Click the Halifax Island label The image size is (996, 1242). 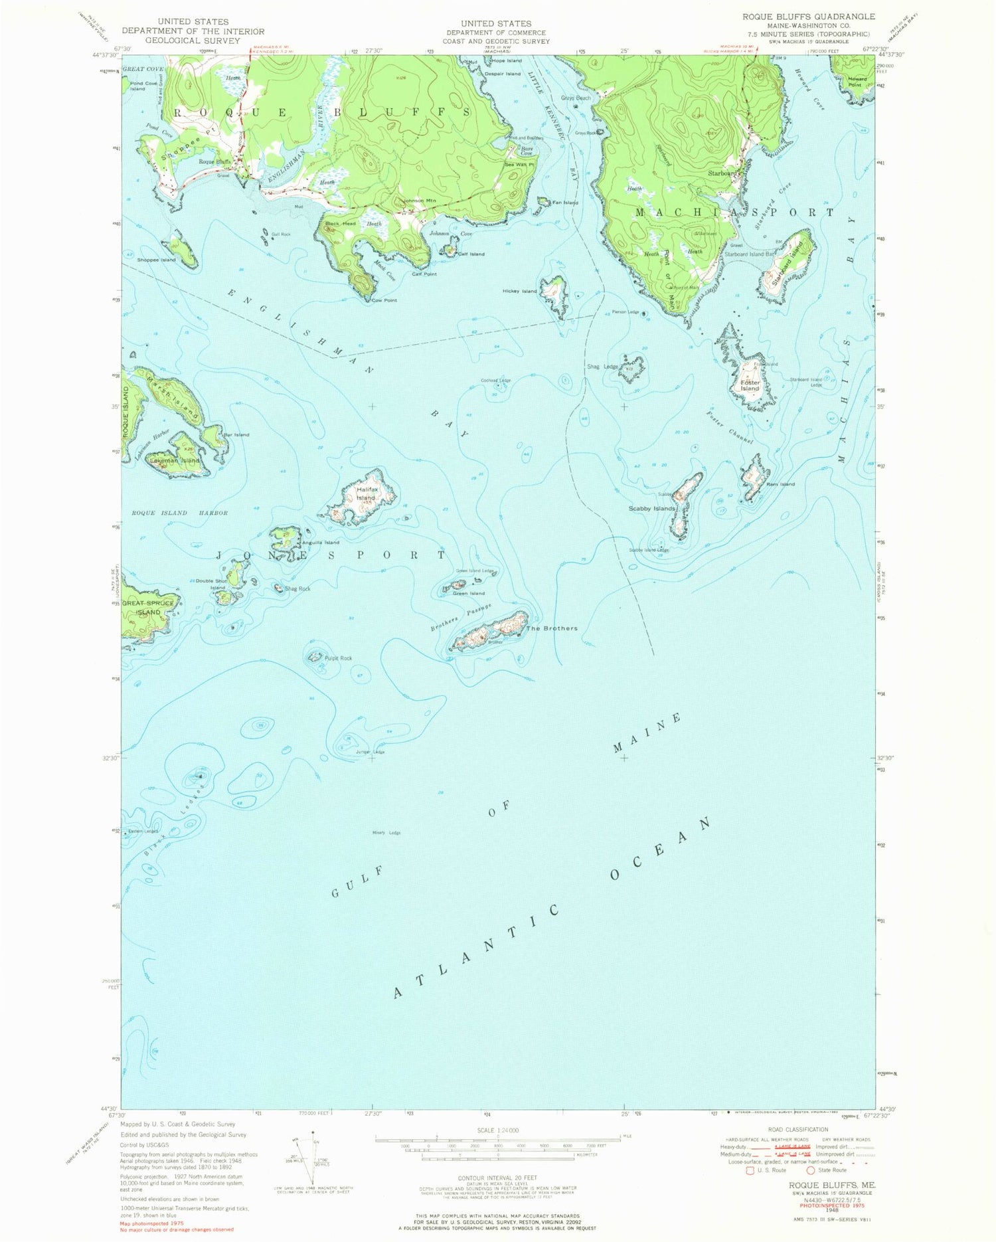(x=367, y=493)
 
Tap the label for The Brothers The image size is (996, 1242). (x=552, y=628)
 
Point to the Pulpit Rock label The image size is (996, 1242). (x=338, y=658)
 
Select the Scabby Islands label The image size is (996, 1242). (x=652, y=509)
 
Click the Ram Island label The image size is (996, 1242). (x=780, y=484)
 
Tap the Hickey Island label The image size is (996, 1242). (x=520, y=291)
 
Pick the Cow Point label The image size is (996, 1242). (x=384, y=300)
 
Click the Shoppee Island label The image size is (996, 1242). (x=157, y=260)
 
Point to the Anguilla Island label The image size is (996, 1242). (x=321, y=543)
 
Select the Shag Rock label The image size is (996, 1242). (x=297, y=588)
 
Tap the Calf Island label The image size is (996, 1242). (x=471, y=254)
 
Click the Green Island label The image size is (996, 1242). (x=469, y=593)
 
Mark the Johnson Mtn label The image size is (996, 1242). (x=419, y=201)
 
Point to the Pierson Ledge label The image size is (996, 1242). (x=625, y=312)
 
